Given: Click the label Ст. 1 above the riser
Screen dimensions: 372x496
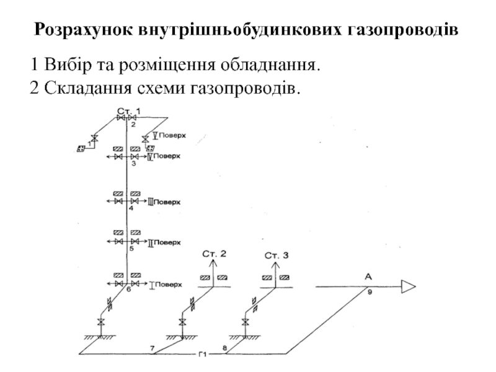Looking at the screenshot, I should (x=129, y=110).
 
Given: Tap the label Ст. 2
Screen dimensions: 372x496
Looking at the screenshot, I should (x=215, y=254).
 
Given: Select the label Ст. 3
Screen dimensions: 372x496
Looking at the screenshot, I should (x=277, y=254).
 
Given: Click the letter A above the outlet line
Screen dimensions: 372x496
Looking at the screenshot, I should (x=368, y=277).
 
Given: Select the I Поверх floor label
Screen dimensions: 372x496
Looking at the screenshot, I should (x=166, y=285).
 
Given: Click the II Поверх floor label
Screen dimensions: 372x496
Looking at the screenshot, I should (x=165, y=242).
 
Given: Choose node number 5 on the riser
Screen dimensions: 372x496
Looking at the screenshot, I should (x=131, y=249).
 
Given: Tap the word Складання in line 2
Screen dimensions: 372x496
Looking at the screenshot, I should (x=81, y=87).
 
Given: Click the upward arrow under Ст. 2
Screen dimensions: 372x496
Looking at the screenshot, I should (x=215, y=267).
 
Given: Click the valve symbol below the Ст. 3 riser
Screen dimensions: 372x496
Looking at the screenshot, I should (x=246, y=322).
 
